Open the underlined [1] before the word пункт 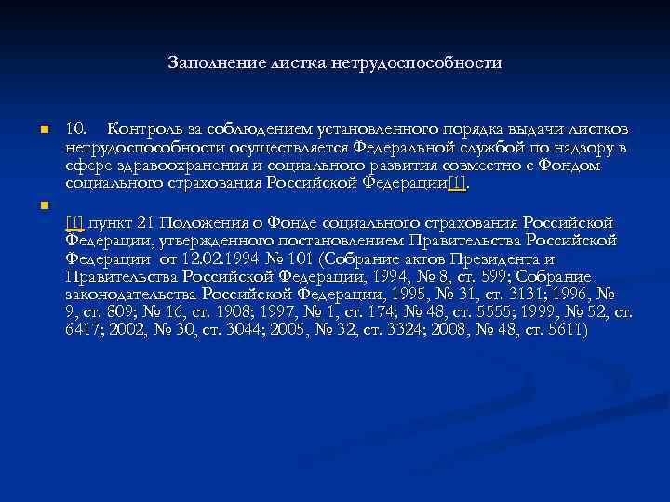click(75, 222)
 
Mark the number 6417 click(85, 330)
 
